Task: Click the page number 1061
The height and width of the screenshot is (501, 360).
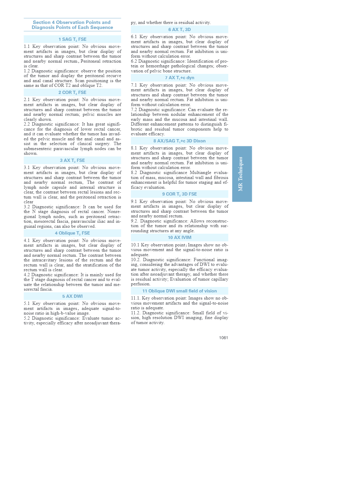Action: tap(223, 338)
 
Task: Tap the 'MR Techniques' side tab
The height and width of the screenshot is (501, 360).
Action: tap(242, 174)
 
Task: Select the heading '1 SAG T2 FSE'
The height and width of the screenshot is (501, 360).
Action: tap(72, 39)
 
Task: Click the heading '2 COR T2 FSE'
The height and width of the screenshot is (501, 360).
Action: tap(72, 92)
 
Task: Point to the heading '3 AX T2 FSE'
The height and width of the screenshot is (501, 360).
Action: tap(72, 160)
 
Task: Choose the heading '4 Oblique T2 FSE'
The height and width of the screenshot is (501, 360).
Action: tap(72, 233)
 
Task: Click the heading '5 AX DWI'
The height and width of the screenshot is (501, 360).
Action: tap(72, 296)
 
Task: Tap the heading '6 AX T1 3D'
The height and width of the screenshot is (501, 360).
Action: tap(179, 30)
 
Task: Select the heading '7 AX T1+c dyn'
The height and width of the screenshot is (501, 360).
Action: tap(179, 78)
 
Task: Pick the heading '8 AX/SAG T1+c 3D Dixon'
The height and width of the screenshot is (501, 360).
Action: tap(179, 141)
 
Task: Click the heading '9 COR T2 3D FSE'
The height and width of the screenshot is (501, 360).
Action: tap(179, 194)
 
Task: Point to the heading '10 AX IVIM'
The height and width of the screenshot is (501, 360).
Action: tap(179, 238)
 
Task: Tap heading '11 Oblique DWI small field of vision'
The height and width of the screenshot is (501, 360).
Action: tap(179, 291)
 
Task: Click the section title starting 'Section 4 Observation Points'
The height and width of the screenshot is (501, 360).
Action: tap(72, 25)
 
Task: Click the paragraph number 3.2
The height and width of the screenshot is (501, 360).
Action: tap(27, 207)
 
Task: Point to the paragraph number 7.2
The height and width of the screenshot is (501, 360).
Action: tap(134, 110)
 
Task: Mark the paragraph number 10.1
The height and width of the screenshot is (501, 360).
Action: tap(135, 245)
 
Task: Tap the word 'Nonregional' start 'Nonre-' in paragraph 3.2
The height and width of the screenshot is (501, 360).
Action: tap(113, 212)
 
